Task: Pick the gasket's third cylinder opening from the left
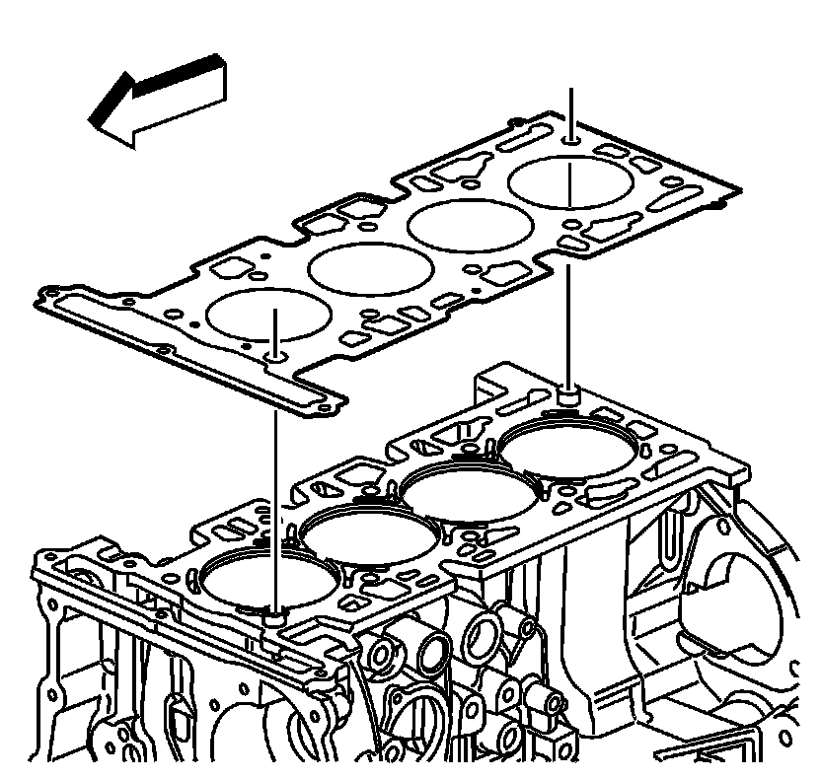pyautogui.click(x=467, y=224)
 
